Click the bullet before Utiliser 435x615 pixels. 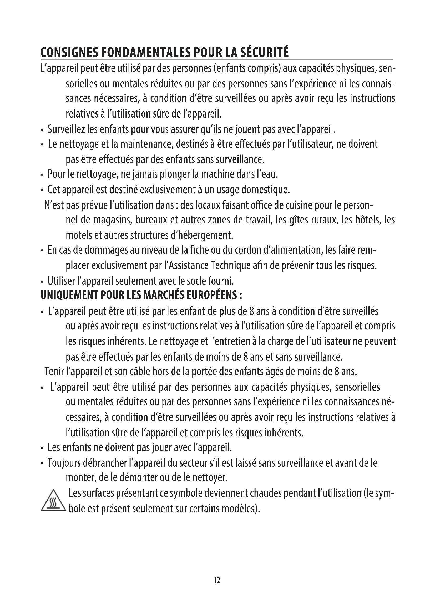pyautogui.click(x=42, y=282)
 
